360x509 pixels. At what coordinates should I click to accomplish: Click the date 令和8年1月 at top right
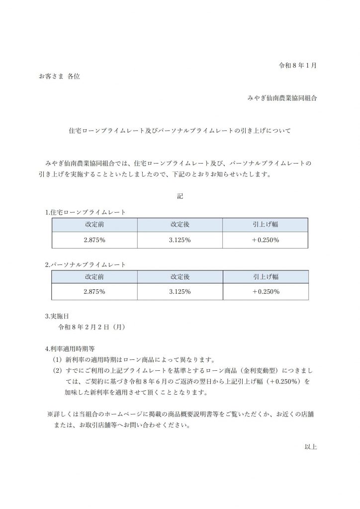[297, 65]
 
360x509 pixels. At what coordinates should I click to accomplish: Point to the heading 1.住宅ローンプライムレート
[85, 212]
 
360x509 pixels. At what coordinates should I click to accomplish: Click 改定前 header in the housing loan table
[94, 224]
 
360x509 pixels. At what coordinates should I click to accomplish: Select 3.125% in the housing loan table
[180, 240]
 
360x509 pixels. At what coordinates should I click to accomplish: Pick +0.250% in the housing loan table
[265, 240]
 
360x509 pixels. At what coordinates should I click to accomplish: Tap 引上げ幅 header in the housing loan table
[265, 224]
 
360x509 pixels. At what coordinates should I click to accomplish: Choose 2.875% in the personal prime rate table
[94, 292]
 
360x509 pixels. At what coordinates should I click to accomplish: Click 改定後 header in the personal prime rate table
[180, 276]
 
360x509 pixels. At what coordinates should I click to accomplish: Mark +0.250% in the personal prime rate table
[265, 292]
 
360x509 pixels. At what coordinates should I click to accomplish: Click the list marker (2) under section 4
[57, 370]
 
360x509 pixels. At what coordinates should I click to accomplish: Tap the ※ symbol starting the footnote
[50, 414]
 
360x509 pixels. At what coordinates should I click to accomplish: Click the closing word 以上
[311, 447]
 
